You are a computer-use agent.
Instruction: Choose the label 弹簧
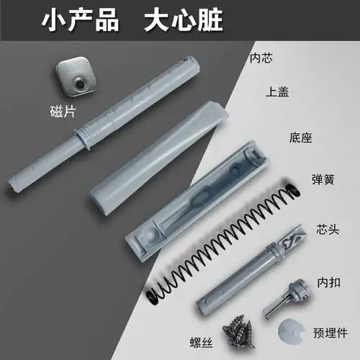pos(321,179)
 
